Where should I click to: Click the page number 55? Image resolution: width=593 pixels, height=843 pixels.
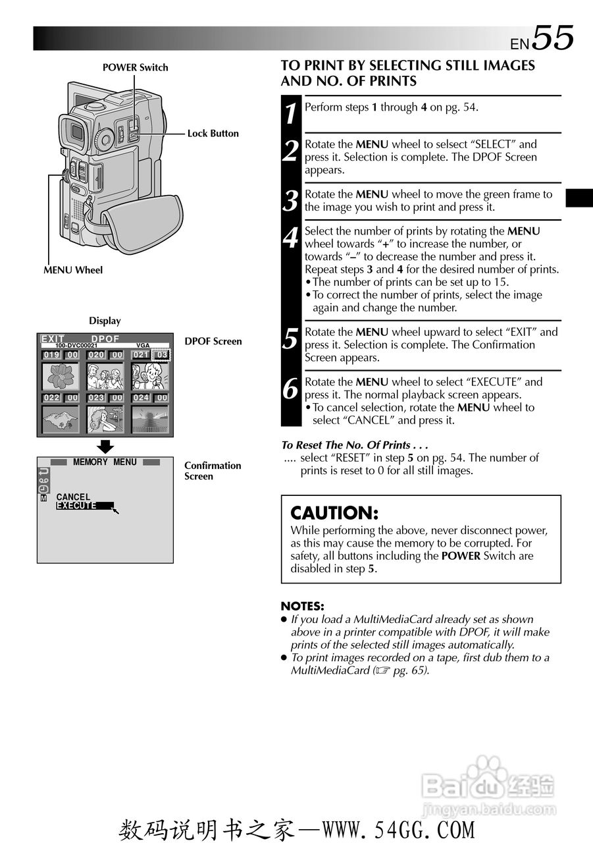[553, 38]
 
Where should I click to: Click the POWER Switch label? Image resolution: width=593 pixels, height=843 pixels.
[135, 68]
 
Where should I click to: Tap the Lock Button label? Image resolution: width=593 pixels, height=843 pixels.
[213, 134]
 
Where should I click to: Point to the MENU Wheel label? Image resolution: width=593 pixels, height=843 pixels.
[73, 270]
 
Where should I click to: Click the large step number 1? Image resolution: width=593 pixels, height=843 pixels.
[291, 113]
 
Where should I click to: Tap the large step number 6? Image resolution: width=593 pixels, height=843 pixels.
[291, 389]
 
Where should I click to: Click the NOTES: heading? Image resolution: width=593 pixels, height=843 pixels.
[302, 606]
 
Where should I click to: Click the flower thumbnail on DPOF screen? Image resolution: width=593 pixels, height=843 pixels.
[60, 376]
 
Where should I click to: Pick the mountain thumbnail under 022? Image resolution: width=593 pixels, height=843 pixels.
[60, 419]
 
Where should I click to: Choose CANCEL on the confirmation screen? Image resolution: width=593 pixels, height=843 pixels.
[73, 497]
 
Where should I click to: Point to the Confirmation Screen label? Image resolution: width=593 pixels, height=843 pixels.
[213, 470]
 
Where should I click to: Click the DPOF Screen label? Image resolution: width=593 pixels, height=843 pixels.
[213, 341]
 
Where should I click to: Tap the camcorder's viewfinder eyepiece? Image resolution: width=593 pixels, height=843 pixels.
[74, 132]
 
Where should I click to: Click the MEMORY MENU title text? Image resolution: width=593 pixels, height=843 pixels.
[105, 462]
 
